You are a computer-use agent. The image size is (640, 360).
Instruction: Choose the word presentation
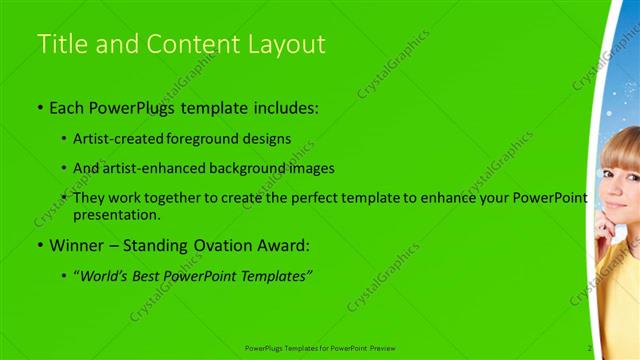(x=116, y=214)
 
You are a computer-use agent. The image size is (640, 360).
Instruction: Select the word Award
(x=279, y=244)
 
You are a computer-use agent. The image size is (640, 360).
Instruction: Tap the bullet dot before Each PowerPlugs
(x=40, y=107)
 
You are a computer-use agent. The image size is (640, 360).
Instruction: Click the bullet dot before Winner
(x=40, y=245)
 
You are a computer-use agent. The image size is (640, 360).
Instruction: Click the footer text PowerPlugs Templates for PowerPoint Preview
(x=320, y=348)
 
